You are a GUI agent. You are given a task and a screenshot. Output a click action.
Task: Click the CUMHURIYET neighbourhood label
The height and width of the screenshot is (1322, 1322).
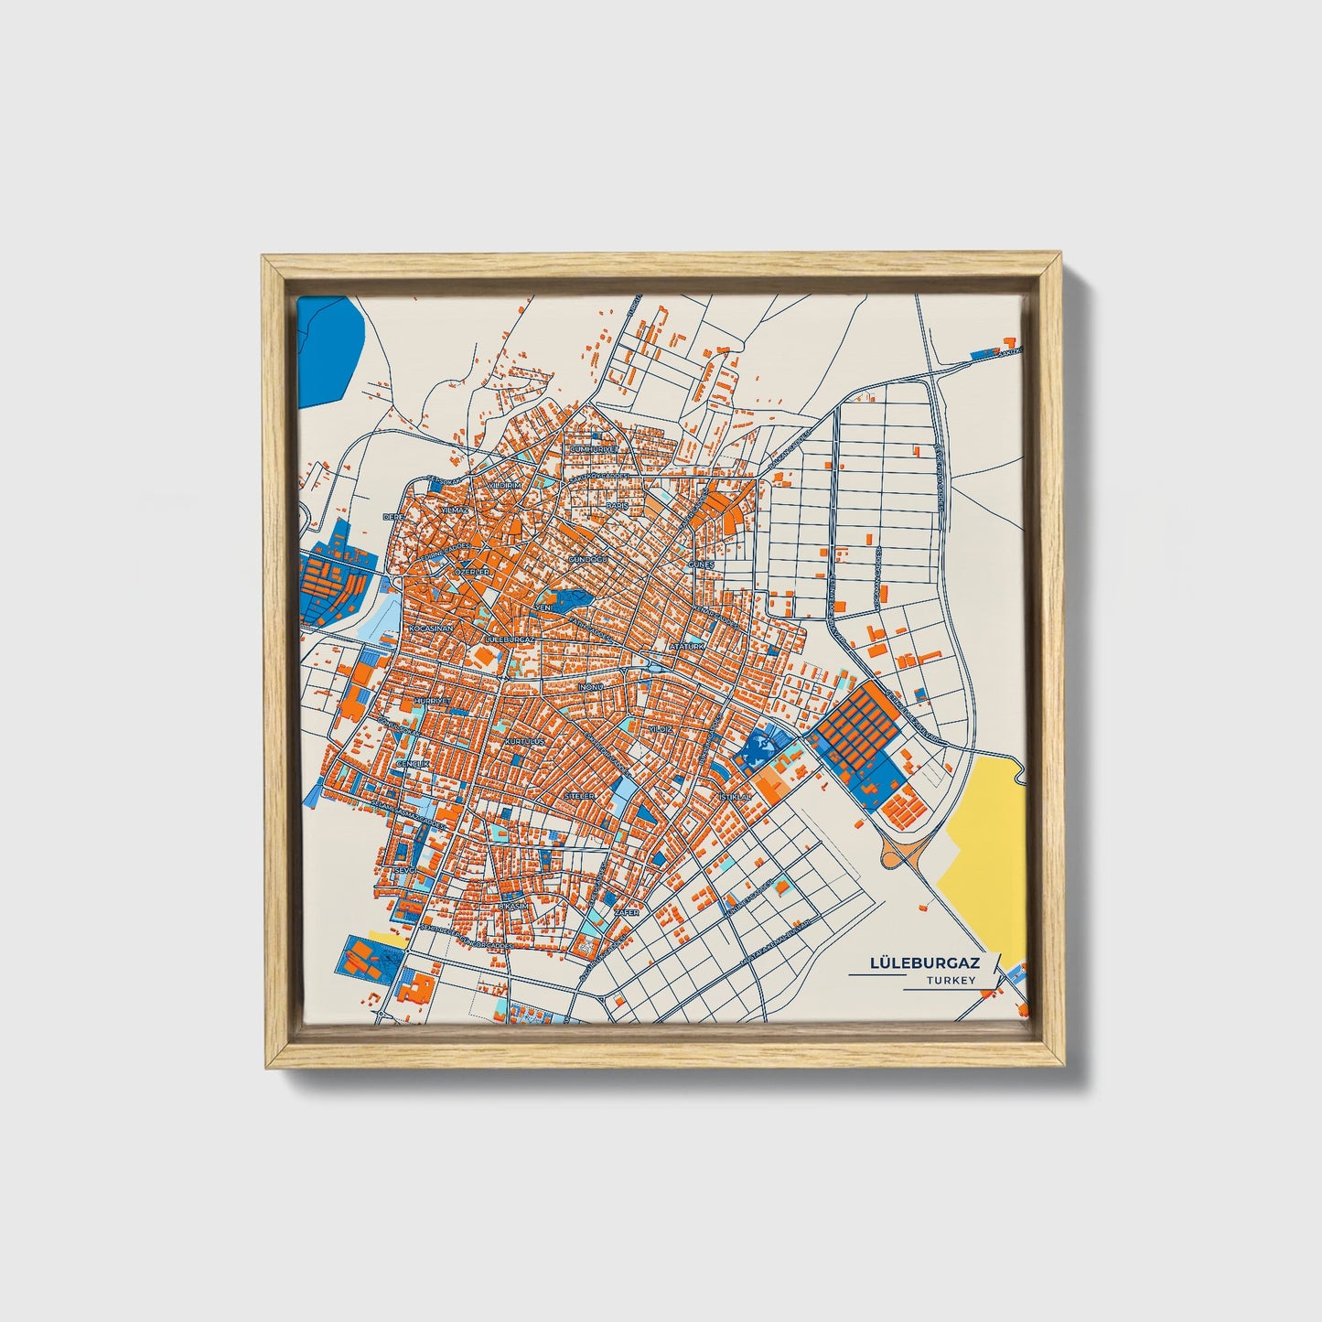tap(595, 450)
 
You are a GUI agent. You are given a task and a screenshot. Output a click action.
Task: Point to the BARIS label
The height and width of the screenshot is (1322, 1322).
tap(615, 505)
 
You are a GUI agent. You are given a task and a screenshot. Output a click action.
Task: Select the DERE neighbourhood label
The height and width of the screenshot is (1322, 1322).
tap(393, 517)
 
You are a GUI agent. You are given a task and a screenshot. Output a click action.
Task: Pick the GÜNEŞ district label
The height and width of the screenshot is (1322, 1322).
tap(700, 565)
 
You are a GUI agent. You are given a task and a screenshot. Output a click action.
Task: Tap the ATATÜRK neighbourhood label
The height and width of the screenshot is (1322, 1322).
tap(688, 646)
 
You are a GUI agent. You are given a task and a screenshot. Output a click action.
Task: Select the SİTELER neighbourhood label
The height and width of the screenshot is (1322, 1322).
tap(580, 796)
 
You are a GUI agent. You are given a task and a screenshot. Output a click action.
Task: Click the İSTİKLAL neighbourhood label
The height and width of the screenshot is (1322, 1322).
tap(735, 797)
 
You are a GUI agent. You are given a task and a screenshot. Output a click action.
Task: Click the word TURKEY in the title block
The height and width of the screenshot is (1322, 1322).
tap(951, 981)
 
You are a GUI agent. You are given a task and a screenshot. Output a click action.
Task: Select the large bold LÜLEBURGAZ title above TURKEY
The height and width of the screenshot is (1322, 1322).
tap(924, 963)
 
